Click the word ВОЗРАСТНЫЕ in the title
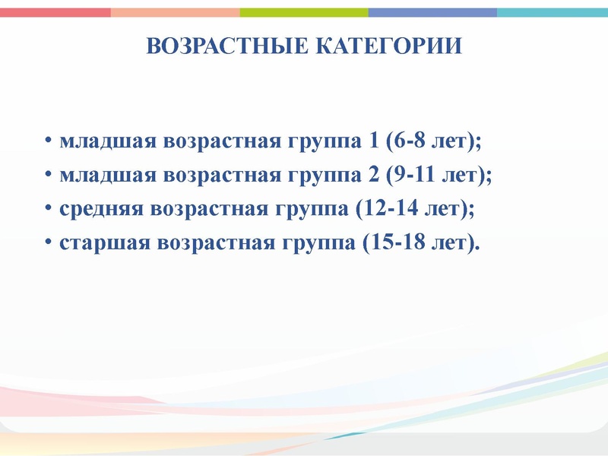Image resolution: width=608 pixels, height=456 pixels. pos(226,47)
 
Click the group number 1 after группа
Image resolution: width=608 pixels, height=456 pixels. pos(372,141)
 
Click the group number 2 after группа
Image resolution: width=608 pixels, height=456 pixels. pos(372,176)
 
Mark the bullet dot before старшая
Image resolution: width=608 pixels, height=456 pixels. pos(47,244)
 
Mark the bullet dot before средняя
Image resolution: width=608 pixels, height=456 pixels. pos(47,210)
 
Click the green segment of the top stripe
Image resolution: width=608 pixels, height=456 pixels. pos(304,12)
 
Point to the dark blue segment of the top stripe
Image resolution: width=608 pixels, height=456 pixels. pos(432,12)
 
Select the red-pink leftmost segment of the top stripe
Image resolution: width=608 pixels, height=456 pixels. pos(55,12)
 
